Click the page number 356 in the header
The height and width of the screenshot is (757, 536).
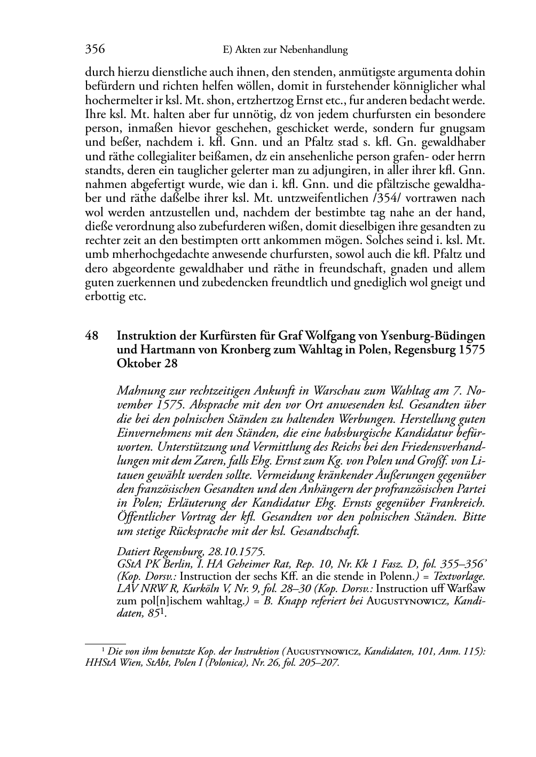(x=95, y=50)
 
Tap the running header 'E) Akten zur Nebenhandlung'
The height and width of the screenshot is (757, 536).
(x=285, y=50)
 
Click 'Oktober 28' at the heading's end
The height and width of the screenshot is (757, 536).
(x=147, y=364)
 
